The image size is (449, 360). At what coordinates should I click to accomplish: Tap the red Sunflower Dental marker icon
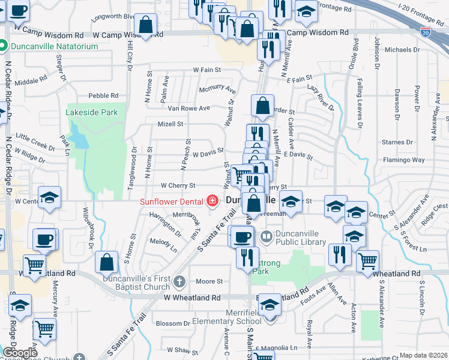[211, 200]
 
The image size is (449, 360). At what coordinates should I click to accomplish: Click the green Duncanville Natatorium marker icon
[3, 46]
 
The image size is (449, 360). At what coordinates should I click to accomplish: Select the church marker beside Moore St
[179, 281]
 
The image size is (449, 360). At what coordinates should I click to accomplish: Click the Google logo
[20, 353]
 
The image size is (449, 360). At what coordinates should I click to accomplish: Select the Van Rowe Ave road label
[188, 108]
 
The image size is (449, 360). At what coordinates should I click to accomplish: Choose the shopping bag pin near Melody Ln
[106, 262]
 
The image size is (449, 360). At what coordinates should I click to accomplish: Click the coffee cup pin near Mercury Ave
[44, 239]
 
